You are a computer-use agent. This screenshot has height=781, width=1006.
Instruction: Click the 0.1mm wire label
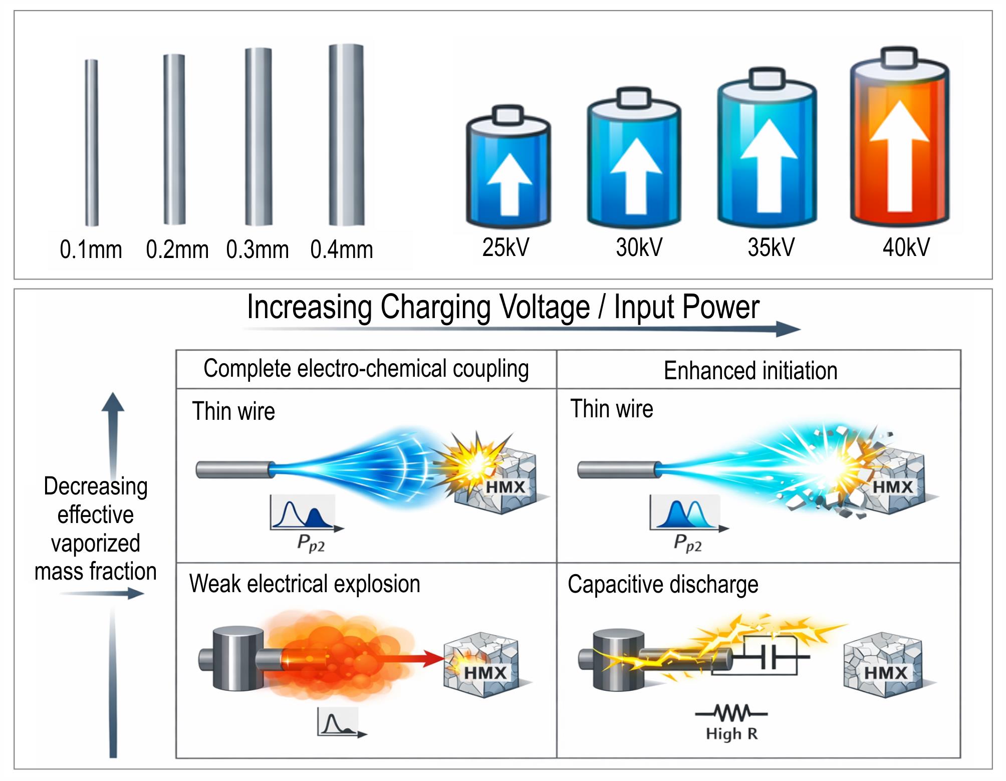click(91, 249)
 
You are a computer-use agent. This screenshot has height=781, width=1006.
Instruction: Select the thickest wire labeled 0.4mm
click(346, 135)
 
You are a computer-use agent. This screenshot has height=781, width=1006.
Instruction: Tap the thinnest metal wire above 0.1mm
click(92, 143)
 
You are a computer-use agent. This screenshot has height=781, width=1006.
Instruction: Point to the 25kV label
click(506, 247)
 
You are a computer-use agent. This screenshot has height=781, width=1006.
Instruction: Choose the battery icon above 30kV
click(634, 158)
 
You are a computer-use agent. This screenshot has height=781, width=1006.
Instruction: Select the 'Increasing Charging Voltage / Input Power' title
click(503, 307)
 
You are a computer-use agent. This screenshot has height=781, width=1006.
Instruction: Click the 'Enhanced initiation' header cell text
click(750, 371)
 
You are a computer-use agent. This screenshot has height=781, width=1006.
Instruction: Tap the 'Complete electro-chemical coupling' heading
click(366, 369)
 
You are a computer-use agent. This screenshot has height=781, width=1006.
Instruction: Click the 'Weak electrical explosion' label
click(305, 584)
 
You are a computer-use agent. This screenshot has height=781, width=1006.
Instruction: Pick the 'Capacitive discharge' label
click(663, 585)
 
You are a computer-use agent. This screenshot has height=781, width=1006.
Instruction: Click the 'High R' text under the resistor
click(731, 734)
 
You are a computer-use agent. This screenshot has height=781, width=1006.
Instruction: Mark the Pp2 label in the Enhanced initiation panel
click(687, 543)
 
